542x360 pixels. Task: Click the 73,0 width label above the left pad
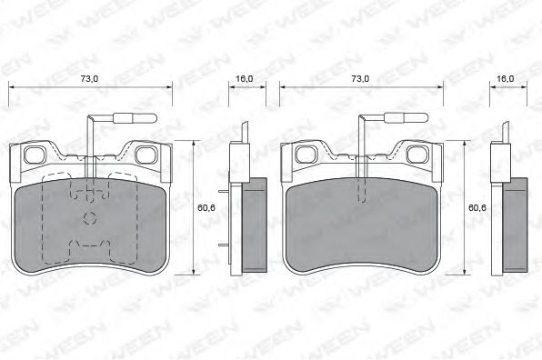89,79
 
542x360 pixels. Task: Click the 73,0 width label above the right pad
360,79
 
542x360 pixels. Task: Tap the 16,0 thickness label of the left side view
244,79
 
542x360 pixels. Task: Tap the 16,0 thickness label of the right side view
505,79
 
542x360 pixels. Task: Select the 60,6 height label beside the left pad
206,207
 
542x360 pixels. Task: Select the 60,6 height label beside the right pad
477,207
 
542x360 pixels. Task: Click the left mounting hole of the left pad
34,155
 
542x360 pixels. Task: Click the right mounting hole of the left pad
145,155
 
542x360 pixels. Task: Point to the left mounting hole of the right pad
305,155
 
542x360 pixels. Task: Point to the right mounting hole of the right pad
416,155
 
